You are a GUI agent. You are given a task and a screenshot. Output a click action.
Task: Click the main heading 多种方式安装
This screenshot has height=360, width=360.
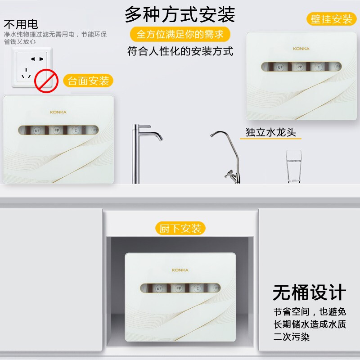point(180,14)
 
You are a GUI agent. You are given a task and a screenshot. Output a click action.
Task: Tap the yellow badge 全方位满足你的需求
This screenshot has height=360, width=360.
point(180,35)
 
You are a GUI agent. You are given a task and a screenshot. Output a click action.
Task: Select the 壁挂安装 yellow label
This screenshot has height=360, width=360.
point(331,19)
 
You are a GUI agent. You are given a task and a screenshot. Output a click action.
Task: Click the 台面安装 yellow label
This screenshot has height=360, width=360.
point(88,81)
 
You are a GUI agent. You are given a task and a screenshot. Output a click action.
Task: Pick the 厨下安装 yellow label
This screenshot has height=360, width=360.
point(180,228)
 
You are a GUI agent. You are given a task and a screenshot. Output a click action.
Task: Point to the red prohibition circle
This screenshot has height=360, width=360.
point(46,81)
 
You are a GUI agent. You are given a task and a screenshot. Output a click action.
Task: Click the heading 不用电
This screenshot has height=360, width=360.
point(21,24)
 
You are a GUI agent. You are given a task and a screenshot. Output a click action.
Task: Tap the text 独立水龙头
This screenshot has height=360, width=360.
point(271,132)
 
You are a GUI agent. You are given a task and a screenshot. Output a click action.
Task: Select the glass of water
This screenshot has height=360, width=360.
point(294,166)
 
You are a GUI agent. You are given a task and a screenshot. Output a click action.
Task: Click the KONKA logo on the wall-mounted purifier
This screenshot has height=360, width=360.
point(301,49)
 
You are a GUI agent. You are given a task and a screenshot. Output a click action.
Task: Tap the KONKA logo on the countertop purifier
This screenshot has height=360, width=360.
point(58,112)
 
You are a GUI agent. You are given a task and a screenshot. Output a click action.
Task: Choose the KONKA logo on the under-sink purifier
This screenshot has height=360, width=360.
point(180,270)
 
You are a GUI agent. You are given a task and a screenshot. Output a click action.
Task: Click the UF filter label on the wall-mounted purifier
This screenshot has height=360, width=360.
point(280,67)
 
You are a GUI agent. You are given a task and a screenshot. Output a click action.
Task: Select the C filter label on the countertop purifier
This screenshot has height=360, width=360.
point(76,130)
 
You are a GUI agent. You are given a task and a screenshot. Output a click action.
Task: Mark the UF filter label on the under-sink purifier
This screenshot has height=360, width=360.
point(159,288)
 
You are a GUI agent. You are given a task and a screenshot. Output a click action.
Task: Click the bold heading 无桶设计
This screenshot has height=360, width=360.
point(310,292)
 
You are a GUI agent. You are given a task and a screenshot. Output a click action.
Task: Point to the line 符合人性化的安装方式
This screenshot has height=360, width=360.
point(180,51)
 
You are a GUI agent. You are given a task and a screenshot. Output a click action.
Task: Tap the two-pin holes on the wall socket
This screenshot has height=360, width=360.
point(37,59)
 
